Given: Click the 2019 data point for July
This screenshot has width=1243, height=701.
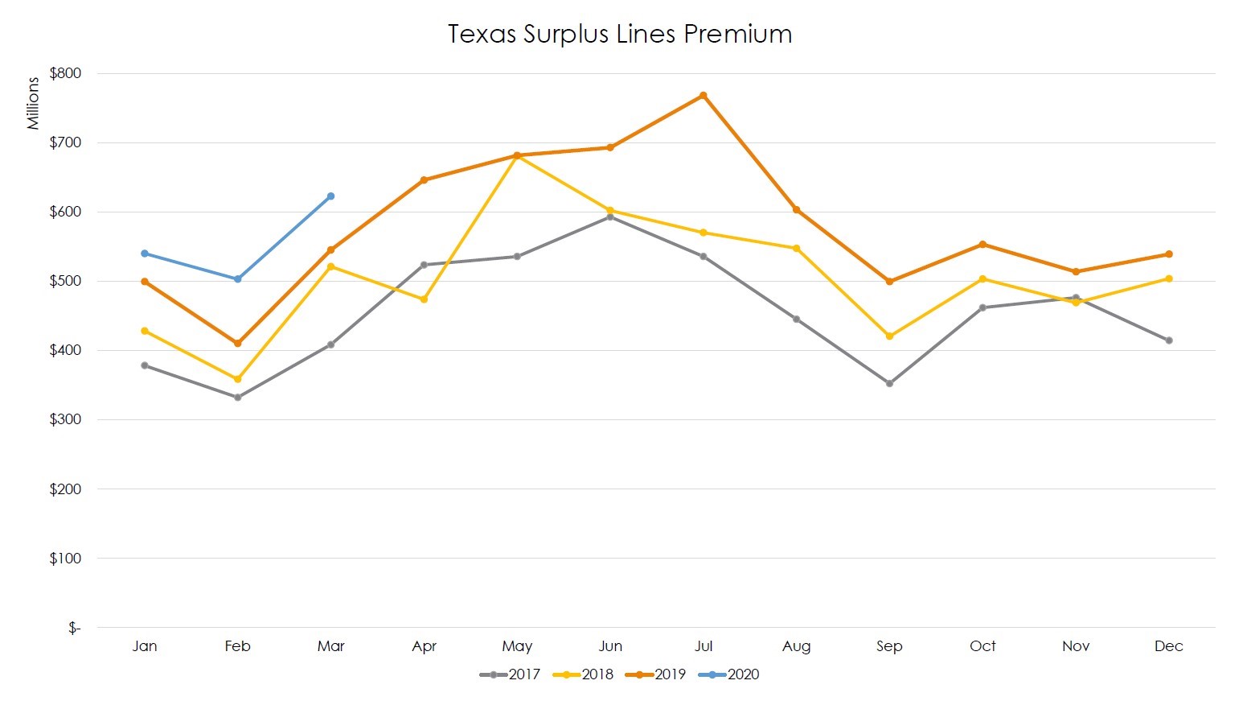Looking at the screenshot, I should (704, 96).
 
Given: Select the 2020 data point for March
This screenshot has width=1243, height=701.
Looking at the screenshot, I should (330, 196).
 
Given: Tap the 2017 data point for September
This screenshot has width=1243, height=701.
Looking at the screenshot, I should (889, 384).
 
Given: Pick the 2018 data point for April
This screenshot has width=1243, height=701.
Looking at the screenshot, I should (424, 299).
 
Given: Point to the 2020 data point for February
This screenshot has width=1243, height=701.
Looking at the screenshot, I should (237, 279).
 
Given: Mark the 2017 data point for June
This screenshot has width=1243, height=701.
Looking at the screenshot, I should (610, 216).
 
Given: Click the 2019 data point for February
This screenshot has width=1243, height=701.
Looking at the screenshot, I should (237, 344).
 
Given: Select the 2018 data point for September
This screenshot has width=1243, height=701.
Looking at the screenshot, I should (889, 336).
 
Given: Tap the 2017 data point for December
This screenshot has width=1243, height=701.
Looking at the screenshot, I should (1169, 340).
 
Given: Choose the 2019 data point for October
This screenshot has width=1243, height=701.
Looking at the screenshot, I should (983, 244).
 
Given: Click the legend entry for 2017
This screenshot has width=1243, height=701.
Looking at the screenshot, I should (511, 674).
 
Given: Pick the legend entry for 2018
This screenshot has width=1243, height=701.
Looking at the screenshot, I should (584, 674).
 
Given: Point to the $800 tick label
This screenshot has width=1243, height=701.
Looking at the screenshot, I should (65, 73).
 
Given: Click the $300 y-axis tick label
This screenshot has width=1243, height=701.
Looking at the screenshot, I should (65, 419).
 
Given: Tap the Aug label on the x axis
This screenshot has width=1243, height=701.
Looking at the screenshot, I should (796, 646).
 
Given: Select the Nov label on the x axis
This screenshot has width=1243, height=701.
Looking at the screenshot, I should (1076, 646).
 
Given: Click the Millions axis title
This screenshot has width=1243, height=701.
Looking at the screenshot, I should (33, 103).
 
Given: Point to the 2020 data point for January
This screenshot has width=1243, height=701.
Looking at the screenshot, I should (145, 254).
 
